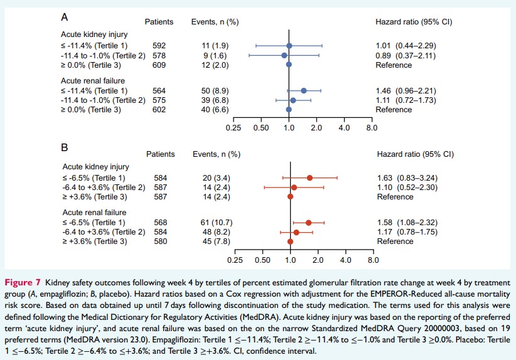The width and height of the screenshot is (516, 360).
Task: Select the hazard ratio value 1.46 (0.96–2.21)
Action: [408, 90]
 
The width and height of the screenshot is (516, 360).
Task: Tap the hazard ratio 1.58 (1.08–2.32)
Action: [409, 222]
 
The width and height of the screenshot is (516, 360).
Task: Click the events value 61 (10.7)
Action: [208, 222]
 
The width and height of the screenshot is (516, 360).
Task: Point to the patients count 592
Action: [159, 46]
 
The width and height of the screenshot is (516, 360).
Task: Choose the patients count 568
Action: [161, 222]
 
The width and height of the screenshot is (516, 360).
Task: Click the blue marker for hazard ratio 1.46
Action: [304, 90]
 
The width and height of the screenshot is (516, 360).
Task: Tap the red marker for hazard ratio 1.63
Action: [309, 177]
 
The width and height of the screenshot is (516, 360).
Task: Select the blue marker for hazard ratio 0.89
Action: [284, 55]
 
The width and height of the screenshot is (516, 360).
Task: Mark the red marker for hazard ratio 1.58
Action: [308, 222]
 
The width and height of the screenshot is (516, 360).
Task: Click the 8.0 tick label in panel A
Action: [372, 128]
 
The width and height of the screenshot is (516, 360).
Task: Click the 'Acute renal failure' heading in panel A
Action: [93, 81]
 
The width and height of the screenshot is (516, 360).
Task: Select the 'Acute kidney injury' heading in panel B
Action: [96, 167]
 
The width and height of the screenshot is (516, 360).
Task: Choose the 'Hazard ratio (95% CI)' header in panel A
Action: [414, 22]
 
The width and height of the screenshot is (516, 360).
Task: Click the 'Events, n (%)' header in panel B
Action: [217, 154]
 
